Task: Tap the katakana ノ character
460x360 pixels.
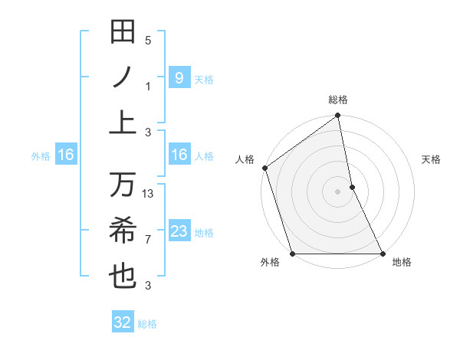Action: pos(123,77)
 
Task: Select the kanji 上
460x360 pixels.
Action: pos(123,122)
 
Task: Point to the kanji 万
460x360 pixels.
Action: pos(123,185)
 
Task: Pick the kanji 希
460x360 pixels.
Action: pos(123,231)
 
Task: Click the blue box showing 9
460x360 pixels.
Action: pos(179,78)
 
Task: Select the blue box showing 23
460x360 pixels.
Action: pos(179,231)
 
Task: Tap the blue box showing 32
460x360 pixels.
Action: pos(123,322)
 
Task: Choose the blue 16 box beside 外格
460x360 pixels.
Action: pos(66,155)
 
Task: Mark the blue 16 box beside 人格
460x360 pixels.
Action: pos(179,155)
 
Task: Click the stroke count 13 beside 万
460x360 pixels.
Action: pos(149,194)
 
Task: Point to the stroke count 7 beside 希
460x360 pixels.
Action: pos(149,240)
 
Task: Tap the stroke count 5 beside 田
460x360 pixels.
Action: pos(148,41)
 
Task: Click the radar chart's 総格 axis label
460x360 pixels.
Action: pos(338,100)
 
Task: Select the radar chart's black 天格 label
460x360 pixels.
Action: pos(432,159)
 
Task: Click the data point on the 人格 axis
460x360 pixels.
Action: pos(265,168)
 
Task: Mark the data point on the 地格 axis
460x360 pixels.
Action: pos(382,254)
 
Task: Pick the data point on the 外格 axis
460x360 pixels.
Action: pos(293,254)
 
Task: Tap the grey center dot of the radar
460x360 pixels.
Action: pos(337,191)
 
